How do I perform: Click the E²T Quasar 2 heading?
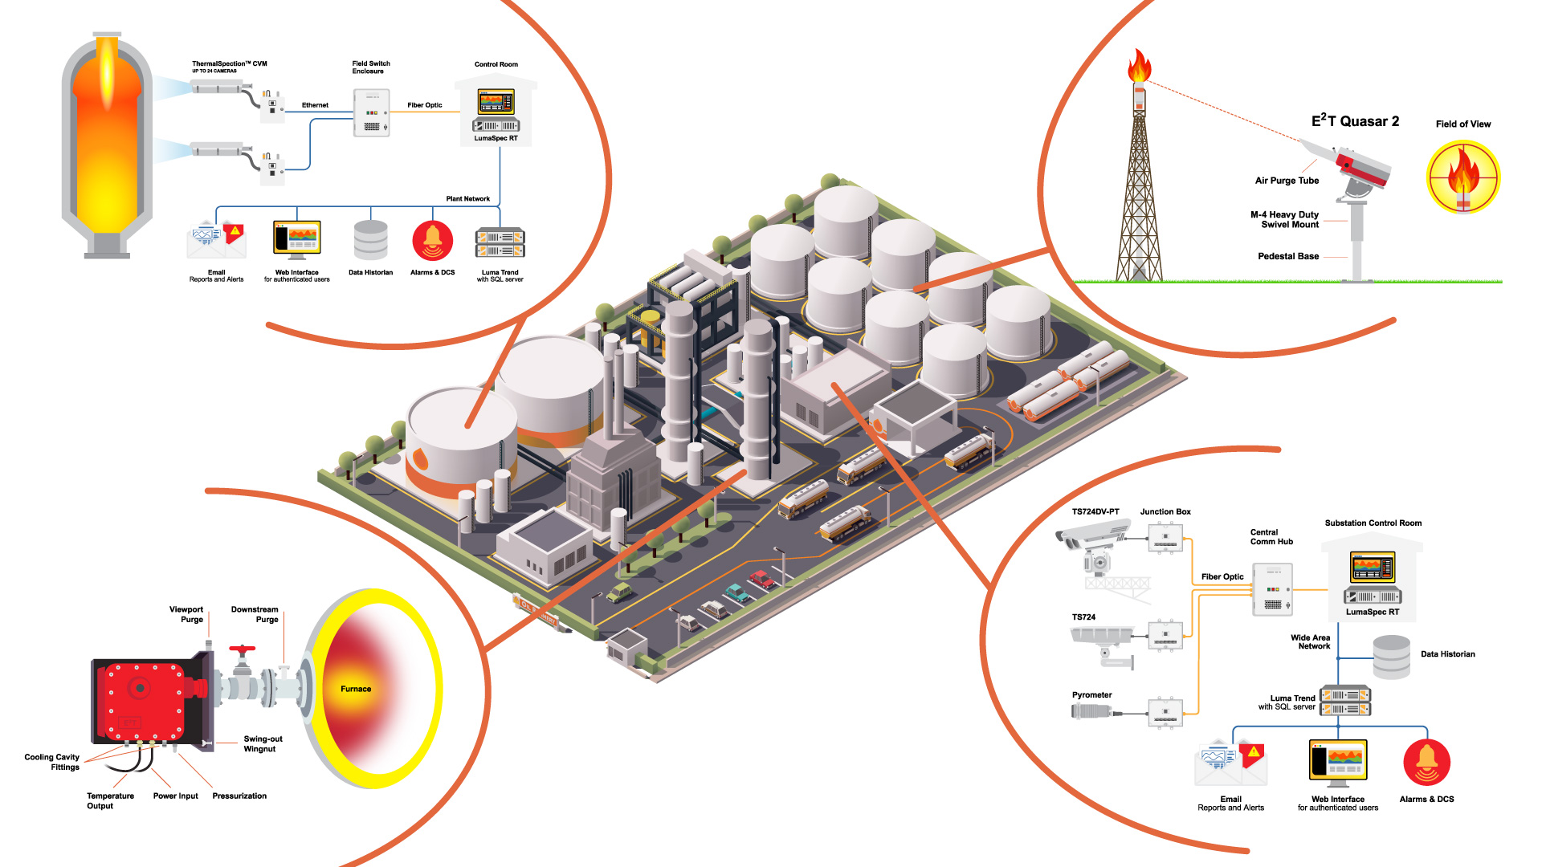[x=1355, y=121]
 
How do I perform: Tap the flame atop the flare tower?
[x=1139, y=67]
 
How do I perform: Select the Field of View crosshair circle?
[x=1462, y=177]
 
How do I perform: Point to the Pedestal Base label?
[x=1287, y=256]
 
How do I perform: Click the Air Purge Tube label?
[x=1287, y=181]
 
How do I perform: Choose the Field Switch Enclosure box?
[x=371, y=112]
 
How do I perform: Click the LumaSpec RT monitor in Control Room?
[x=496, y=102]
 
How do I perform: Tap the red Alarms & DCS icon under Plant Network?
[x=432, y=241]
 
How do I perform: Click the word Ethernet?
[x=315, y=105]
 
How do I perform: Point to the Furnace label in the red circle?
[x=356, y=689]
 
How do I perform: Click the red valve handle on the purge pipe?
[x=242, y=649]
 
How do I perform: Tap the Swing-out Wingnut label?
[x=263, y=743]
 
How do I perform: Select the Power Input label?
[x=175, y=796]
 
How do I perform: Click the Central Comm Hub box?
[x=1272, y=589]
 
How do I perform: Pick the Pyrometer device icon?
[x=1091, y=711]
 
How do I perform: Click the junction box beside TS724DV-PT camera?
[x=1165, y=538]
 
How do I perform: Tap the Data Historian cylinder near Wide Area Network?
[x=1391, y=657]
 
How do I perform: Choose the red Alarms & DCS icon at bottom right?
[x=1426, y=763]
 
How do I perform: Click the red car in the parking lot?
[x=761, y=578]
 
